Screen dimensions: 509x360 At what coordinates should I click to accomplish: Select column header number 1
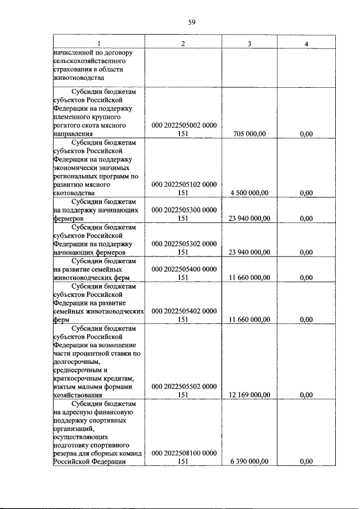pos(98,44)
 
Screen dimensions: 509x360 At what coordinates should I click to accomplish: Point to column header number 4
pos(306,44)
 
